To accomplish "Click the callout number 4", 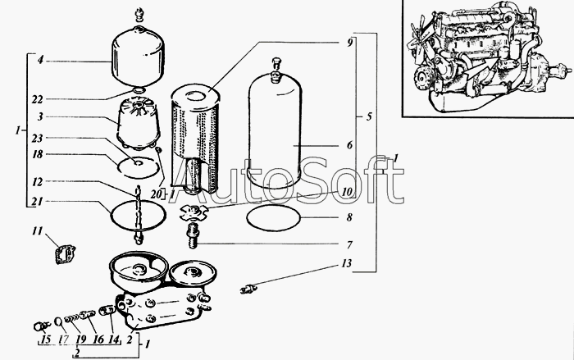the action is tap(41, 59).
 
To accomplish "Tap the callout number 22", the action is tap(37, 99).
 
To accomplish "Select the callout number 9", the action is tap(349, 43).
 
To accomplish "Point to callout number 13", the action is tap(346, 263).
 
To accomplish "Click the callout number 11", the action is tap(38, 231).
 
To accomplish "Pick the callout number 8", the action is tap(349, 217).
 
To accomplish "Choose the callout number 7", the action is tap(349, 244).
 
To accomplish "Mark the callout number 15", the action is tap(45, 339).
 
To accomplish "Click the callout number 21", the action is tap(38, 202).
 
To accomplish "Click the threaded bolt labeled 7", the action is tap(193, 236).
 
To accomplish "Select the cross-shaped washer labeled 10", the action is tap(194, 212).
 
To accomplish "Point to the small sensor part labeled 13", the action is tap(248, 288).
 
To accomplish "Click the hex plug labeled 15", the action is tap(39, 326).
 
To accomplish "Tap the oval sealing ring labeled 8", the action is tap(273, 218).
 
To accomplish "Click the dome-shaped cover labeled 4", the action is tap(138, 58).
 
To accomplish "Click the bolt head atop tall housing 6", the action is tap(276, 65).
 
